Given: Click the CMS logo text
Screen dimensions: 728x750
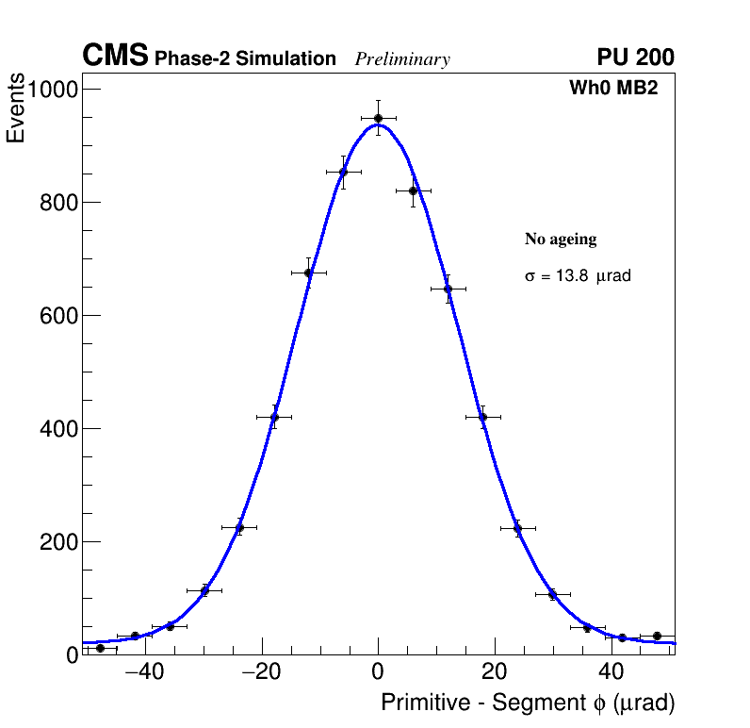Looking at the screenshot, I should tap(115, 57).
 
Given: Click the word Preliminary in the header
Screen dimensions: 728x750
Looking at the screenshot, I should tap(402, 59).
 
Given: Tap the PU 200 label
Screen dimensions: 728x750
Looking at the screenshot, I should tap(635, 58).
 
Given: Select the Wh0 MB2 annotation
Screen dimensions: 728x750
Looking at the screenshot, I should tap(612, 89).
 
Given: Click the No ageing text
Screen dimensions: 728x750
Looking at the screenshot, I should tap(561, 240).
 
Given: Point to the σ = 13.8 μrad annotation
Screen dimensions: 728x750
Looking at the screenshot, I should tap(577, 276).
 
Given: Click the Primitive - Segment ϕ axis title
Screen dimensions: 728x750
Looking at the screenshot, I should tap(528, 703).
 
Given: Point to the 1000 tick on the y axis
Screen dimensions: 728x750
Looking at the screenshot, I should tap(53, 90).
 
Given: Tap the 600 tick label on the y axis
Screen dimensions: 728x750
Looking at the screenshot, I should tap(58, 316).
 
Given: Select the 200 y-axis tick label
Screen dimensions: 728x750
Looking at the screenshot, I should tap(58, 542).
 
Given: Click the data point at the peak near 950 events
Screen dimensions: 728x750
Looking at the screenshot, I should tap(378, 118).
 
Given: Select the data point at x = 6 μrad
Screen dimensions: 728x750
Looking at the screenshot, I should tap(413, 190).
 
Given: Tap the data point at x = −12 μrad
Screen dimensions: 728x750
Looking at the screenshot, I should tap(308, 273).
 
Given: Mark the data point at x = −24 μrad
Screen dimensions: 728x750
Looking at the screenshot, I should tap(239, 528).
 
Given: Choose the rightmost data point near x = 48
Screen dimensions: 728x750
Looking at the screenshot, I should tap(657, 636).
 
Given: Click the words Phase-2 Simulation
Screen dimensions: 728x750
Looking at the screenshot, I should tap(245, 59).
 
